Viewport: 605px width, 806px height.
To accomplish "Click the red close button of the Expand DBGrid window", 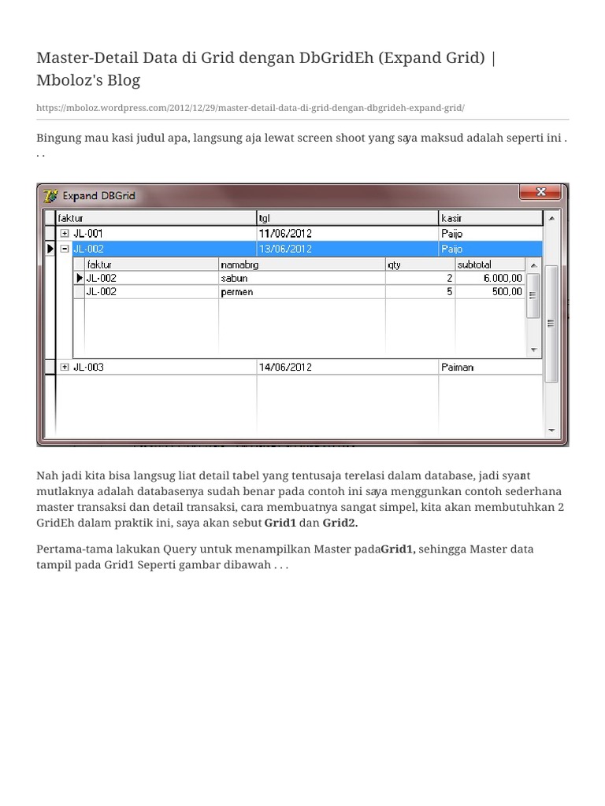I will (x=540, y=192).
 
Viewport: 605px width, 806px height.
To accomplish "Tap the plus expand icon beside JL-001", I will (x=65, y=234).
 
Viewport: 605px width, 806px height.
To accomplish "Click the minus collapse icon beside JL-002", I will (x=65, y=249).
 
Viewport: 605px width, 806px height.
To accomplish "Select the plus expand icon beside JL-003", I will (x=65, y=367).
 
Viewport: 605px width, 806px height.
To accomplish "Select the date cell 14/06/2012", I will (x=285, y=367).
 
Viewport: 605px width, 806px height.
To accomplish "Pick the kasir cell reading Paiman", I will (x=458, y=367).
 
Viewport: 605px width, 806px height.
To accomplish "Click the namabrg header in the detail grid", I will (x=239, y=264).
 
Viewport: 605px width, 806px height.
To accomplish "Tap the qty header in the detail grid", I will (x=395, y=264).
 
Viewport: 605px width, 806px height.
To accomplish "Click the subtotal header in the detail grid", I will (x=474, y=264).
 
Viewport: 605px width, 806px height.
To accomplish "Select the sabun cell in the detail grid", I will (x=235, y=278).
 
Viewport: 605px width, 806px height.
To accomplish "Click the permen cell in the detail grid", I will (x=238, y=291).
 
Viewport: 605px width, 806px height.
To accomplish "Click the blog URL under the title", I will (x=251, y=107).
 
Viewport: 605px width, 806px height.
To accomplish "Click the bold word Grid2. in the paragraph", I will (x=340, y=523).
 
